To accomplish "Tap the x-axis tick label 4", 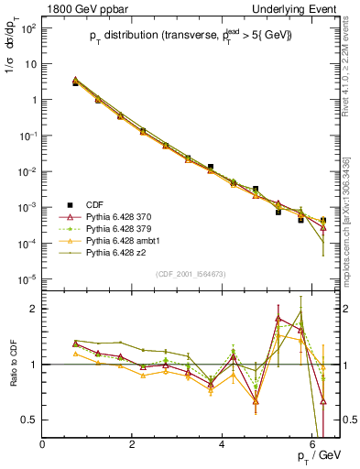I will (223, 444).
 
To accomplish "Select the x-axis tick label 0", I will (43, 444).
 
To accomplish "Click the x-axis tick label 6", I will (312, 444).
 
